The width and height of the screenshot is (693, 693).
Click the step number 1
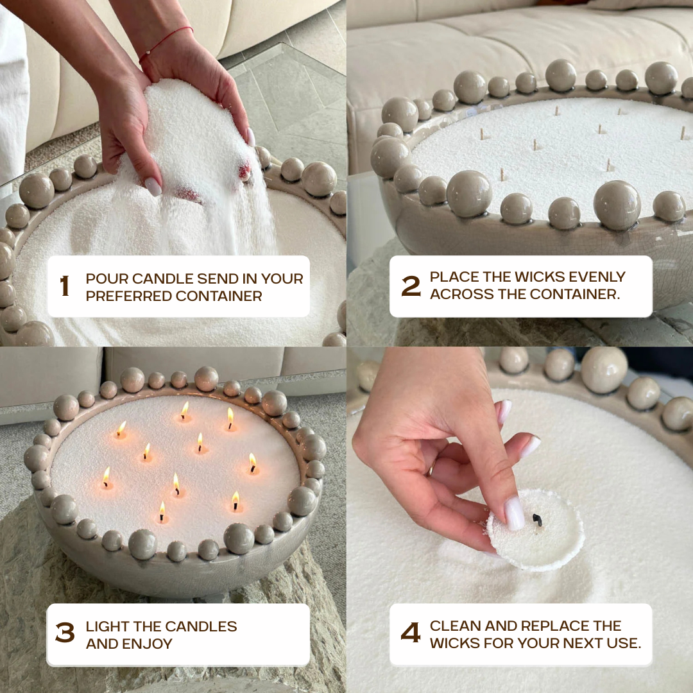point(65,286)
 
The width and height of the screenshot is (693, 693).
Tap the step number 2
point(411,286)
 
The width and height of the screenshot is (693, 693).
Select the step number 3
point(65,633)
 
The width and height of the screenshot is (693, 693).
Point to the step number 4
point(411,633)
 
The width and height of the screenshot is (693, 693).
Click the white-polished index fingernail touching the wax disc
point(514,513)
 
